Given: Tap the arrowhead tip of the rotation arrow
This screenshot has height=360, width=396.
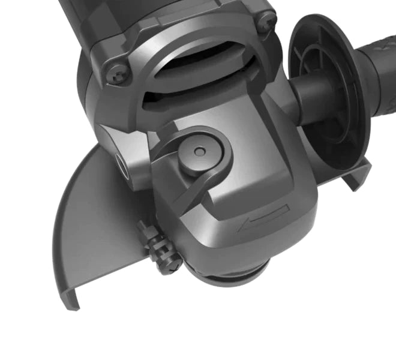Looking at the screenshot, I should (x=240, y=228).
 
